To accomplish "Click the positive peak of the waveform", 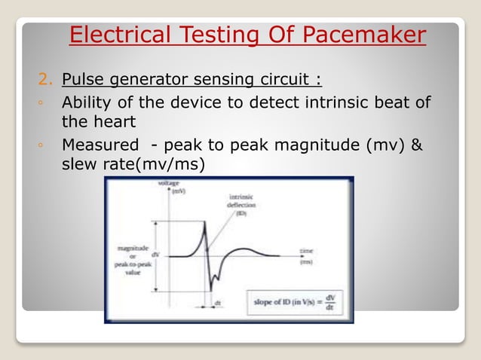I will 204,224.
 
